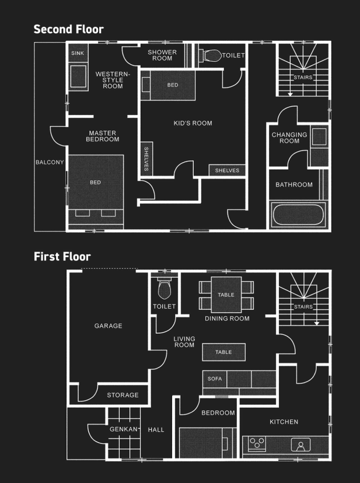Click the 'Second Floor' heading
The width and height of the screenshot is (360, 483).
68,29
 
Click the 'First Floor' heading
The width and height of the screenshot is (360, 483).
62,256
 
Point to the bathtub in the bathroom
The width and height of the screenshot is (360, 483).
298,215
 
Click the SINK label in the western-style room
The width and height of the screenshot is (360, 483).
78,53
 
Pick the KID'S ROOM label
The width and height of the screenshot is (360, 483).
193,123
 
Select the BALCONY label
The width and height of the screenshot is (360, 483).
50,162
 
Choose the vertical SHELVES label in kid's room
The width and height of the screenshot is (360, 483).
146,159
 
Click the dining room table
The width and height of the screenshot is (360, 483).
226,295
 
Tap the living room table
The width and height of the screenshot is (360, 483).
224,352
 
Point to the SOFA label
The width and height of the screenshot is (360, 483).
215,379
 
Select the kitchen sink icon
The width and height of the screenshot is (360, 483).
300,445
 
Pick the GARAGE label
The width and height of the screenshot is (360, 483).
108,326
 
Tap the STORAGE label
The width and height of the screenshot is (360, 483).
123,395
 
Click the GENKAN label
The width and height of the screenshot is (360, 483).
124,429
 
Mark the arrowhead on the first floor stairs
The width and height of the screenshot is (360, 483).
317,323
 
